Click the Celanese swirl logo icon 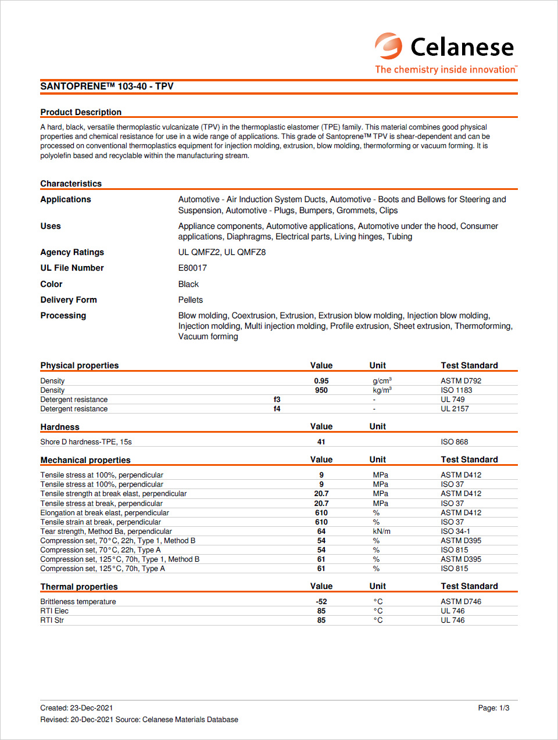click(x=388, y=46)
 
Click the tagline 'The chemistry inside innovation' click(x=445, y=70)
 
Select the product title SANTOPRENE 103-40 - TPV click(x=107, y=87)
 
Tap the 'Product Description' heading click(x=81, y=112)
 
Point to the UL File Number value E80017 click(x=192, y=268)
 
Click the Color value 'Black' click(x=188, y=284)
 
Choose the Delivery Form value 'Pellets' click(x=191, y=300)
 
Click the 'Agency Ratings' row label click(x=72, y=252)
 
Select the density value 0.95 click(x=321, y=381)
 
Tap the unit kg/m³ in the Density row click(x=382, y=390)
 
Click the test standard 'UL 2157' click(x=455, y=409)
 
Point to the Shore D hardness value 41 click(x=321, y=442)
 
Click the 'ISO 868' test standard click(x=455, y=442)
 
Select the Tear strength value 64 click(x=321, y=531)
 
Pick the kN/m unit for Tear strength click(x=382, y=531)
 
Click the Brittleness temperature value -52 click(x=321, y=602)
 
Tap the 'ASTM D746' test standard click(x=461, y=602)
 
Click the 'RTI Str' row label click(x=52, y=620)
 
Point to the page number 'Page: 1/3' click(x=493, y=708)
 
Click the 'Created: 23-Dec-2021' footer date click(x=77, y=708)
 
